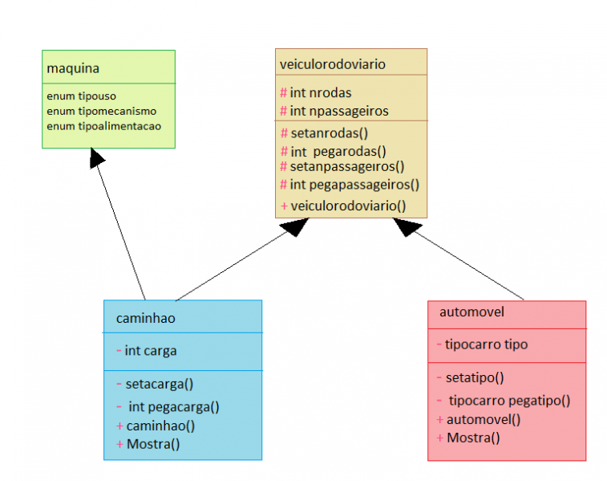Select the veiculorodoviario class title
tap(332, 63)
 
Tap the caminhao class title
tap(146, 318)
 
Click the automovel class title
tap(471, 312)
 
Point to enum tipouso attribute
tap(81, 96)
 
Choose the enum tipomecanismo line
tap(101, 111)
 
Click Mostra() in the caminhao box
tap(152, 443)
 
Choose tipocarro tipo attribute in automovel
tap(486, 344)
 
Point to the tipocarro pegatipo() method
tap(508, 400)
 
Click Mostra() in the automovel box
tap(473, 438)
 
